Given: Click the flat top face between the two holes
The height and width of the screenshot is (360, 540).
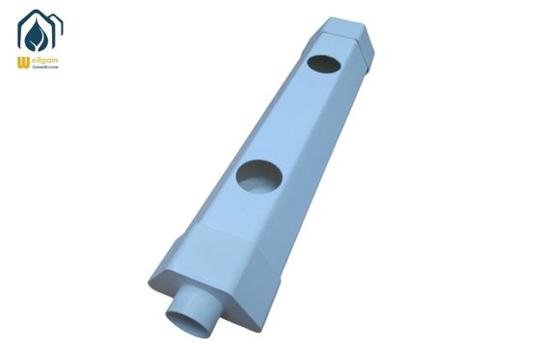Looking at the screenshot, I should (x=294, y=121).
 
